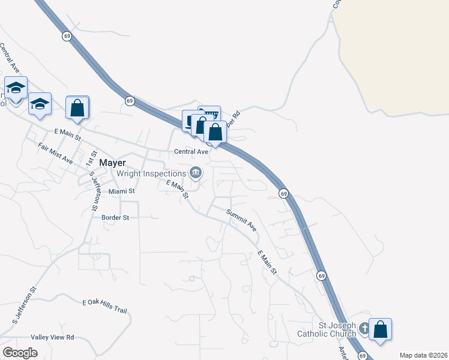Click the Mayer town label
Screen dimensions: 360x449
[112, 162]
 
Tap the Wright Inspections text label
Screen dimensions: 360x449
[152, 173]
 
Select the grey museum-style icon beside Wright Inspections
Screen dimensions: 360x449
[195, 173]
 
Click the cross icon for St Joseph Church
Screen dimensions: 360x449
[364, 329]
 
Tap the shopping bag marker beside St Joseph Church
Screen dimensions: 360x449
[380, 329]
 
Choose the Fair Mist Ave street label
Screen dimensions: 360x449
[55, 153]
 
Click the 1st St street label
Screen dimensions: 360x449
[91, 159]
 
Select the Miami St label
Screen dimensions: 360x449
[122, 191]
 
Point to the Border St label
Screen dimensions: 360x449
[115, 217]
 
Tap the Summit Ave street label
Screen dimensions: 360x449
[241, 220]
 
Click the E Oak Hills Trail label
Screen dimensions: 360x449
[105, 306]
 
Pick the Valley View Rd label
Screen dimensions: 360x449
[52, 337]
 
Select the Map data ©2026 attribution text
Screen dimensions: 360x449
[423, 355]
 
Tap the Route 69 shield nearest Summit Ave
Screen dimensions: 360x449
[284, 193]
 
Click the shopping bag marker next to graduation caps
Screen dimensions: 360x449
[77, 109]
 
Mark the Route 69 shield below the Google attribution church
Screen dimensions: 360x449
[363, 356]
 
